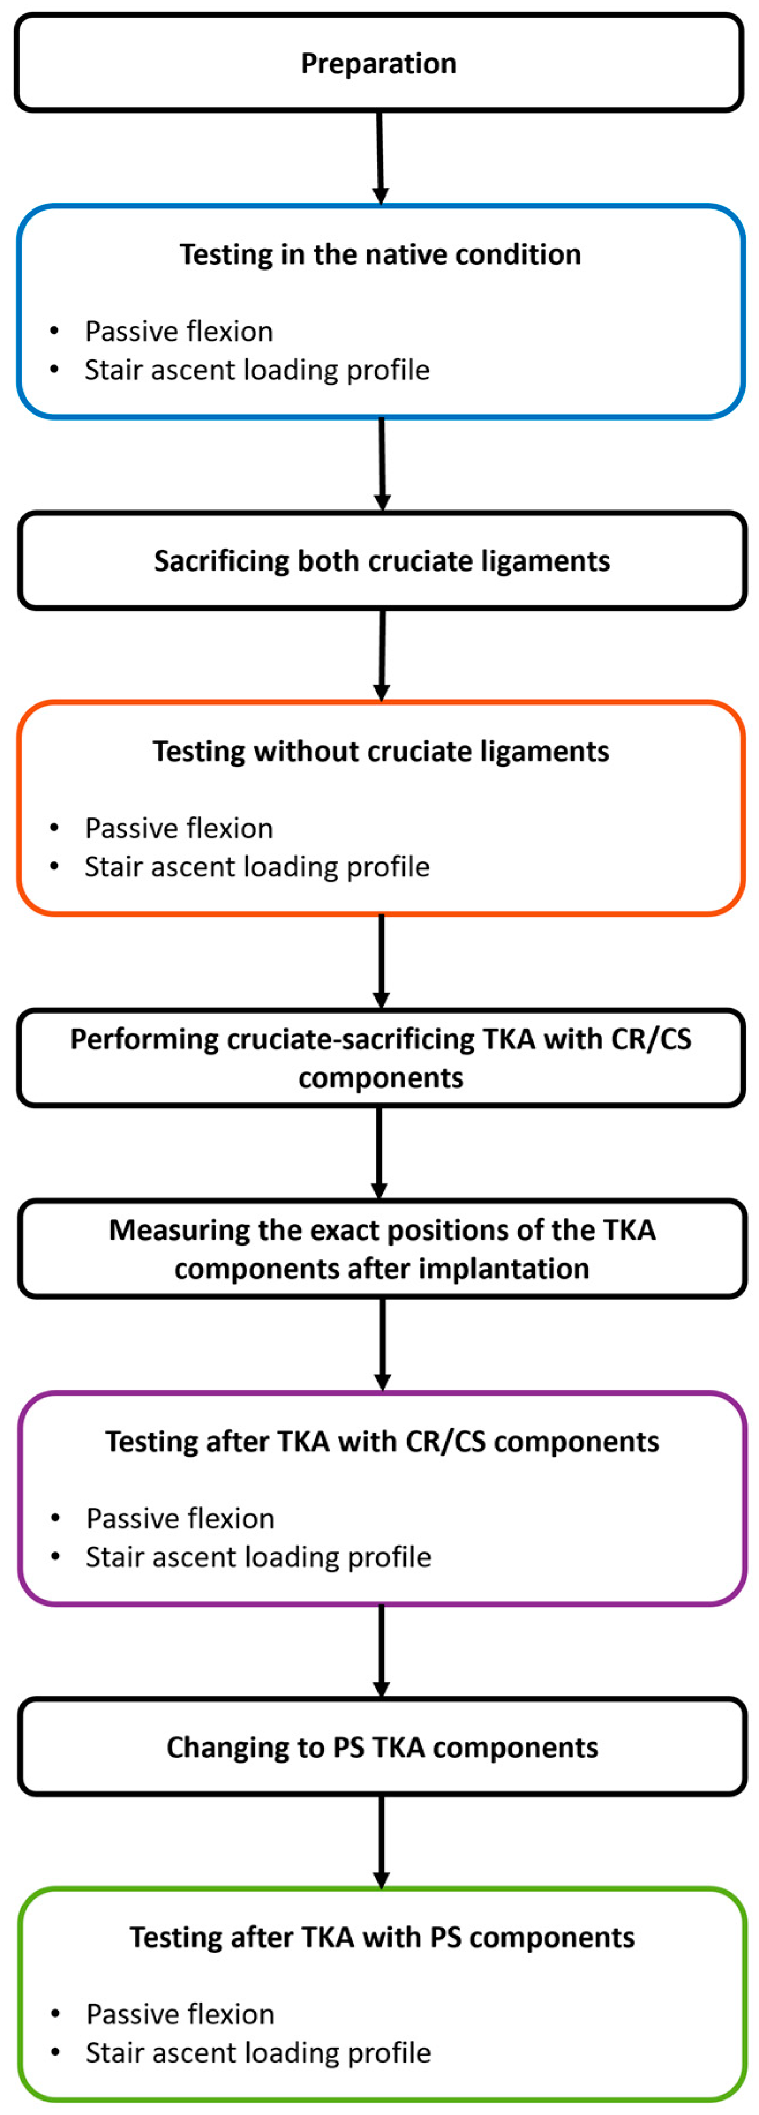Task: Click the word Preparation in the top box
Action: pyautogui.click(x=378, y=63)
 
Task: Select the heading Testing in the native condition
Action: pyautogui.click(x=380, y=254)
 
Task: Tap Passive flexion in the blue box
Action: pyautogui.click(x=179, y=332)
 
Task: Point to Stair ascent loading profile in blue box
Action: pyautogui.click(x=257, y=370)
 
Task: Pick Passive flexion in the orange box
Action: pyautogui.click(x=179, y=828)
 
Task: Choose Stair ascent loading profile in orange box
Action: pyautogui.click(x=257, y=867)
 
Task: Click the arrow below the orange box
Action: pyautogui.click(x=381, y=961)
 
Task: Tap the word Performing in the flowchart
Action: pyautogui.click(x=145, y=1040)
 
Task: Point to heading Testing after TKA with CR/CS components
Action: pyautogui.click(x=382, y=1442)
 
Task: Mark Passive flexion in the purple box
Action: pyautogui.click(x=180, y=1519)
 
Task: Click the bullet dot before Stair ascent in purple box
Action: pyautogui.click(x=55, y=1557)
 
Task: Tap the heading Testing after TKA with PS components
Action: pyautogui.click(x=382, y=1938)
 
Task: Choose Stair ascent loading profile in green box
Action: pyautogui.click(x=258, y=2053)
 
